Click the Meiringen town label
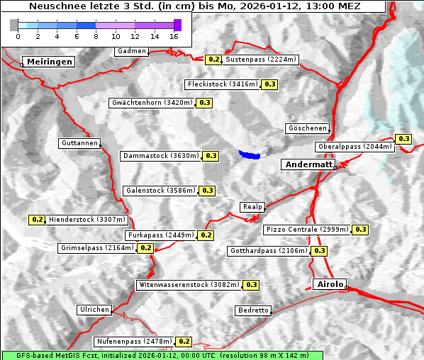coord(50,62)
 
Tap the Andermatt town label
coord(308,164)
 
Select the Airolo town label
coord(329,284)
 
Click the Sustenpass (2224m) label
coord(261,60)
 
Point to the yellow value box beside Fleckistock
coord(269,84)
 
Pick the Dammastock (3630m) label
coord(161,155)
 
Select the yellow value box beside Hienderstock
coord(38,220)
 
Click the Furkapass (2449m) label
coord(161,235)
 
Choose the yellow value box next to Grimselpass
coord(145,248)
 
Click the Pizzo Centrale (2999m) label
coord(307,230)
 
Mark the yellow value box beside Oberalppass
coord(403,139)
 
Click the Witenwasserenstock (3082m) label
coord(189,285)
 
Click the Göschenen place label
coord(307,128)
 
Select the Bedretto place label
coord(253,310)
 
